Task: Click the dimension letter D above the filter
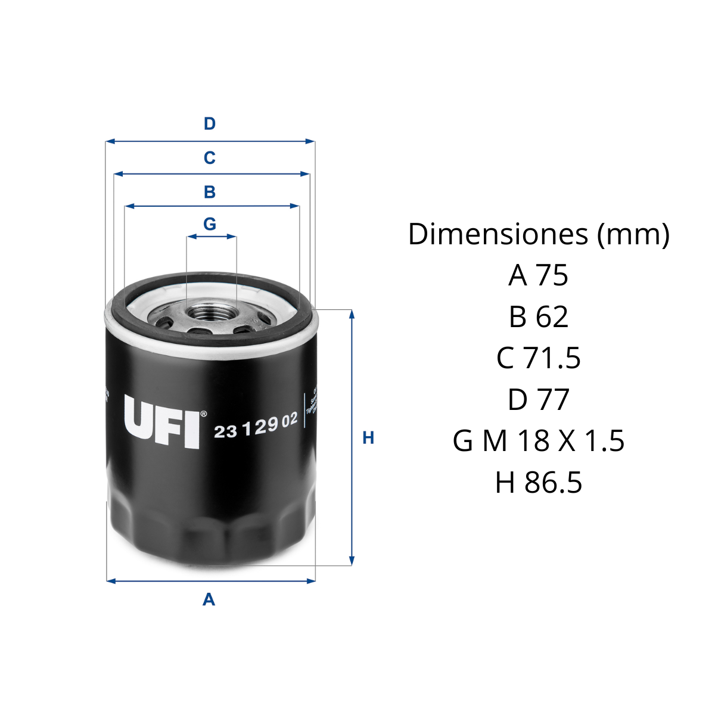point(209,124)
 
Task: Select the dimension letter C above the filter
point(209,158)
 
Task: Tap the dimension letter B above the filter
point(209,192)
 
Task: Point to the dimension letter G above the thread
point(209,224)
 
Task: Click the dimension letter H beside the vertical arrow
point(368,438)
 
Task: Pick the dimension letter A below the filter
point(209,599)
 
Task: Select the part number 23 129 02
point(255,426)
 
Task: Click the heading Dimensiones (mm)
point(539,234)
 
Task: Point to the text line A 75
point(539,275)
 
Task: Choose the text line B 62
point(539,317)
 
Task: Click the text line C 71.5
point(539,358)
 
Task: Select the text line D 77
point(539,399)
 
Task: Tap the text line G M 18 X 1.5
point(539,441)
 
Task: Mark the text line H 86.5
point(539,482)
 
